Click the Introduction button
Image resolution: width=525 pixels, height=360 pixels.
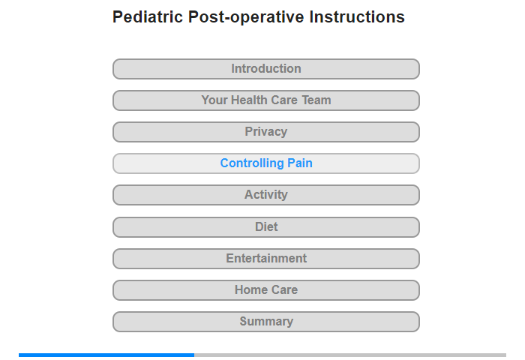click(265, 69)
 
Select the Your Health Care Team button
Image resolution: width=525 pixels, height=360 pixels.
click(265, 100)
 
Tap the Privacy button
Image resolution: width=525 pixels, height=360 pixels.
click(265, 132)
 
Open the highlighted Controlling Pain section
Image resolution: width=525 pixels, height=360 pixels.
click(265, 163)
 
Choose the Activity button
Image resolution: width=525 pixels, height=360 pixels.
click(265, 195)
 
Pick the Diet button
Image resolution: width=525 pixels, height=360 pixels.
click(265, 227)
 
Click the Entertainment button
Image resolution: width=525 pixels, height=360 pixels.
click(265, 259)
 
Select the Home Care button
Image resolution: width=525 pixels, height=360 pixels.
click(265, 290)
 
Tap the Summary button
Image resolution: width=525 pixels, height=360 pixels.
click(265, 322)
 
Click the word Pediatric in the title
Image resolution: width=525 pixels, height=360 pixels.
click(148, 16)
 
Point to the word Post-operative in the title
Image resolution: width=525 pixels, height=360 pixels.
click(246, 17)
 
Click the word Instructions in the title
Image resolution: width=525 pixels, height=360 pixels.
click(357, 16)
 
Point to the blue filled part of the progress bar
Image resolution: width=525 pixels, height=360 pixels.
click(106, 355)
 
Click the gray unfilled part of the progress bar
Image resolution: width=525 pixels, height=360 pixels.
click(350, 355)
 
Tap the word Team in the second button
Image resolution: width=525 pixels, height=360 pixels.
click(316, 100)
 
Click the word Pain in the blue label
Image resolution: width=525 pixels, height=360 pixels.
click(300, 163)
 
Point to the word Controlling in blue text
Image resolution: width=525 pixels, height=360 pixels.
click(252, 163)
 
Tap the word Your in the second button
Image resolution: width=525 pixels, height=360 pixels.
click(214, 100)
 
